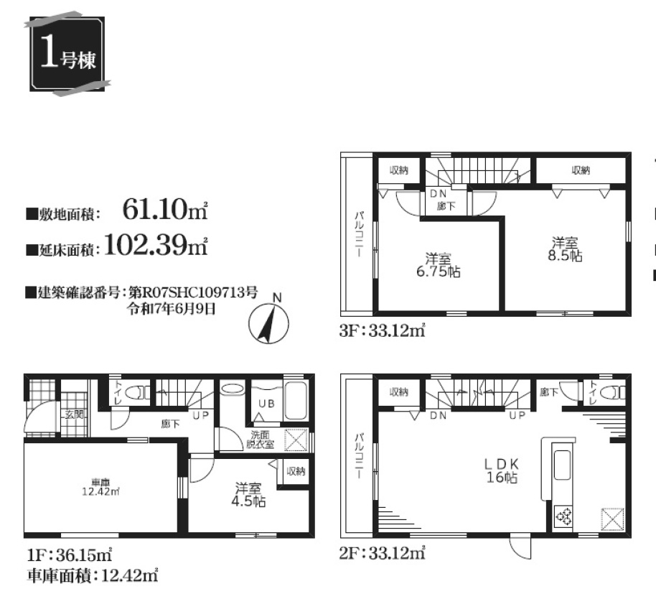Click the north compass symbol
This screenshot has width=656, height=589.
(268, 323)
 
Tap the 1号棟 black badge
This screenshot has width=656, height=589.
(67, 54)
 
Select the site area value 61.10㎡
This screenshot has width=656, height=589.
(165, 210)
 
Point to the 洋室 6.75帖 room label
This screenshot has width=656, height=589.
(438, 265)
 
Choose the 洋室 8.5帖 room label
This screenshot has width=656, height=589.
(565, 249)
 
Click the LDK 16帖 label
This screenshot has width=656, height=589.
(502, 470)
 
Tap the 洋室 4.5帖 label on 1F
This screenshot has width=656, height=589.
(248, 495)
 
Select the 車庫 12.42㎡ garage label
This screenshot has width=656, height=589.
(100, 488)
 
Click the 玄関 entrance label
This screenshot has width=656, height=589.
(75, 415)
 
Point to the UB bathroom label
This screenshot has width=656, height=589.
(266, 404)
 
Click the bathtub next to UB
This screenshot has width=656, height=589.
(296, 401)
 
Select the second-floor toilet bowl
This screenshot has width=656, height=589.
(612, 393)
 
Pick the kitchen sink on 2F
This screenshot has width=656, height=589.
(561, 465)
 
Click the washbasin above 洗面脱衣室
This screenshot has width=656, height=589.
(233, 389)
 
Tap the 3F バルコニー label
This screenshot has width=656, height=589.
(359, 234)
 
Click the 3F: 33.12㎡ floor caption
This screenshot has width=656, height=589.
(383, 331)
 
